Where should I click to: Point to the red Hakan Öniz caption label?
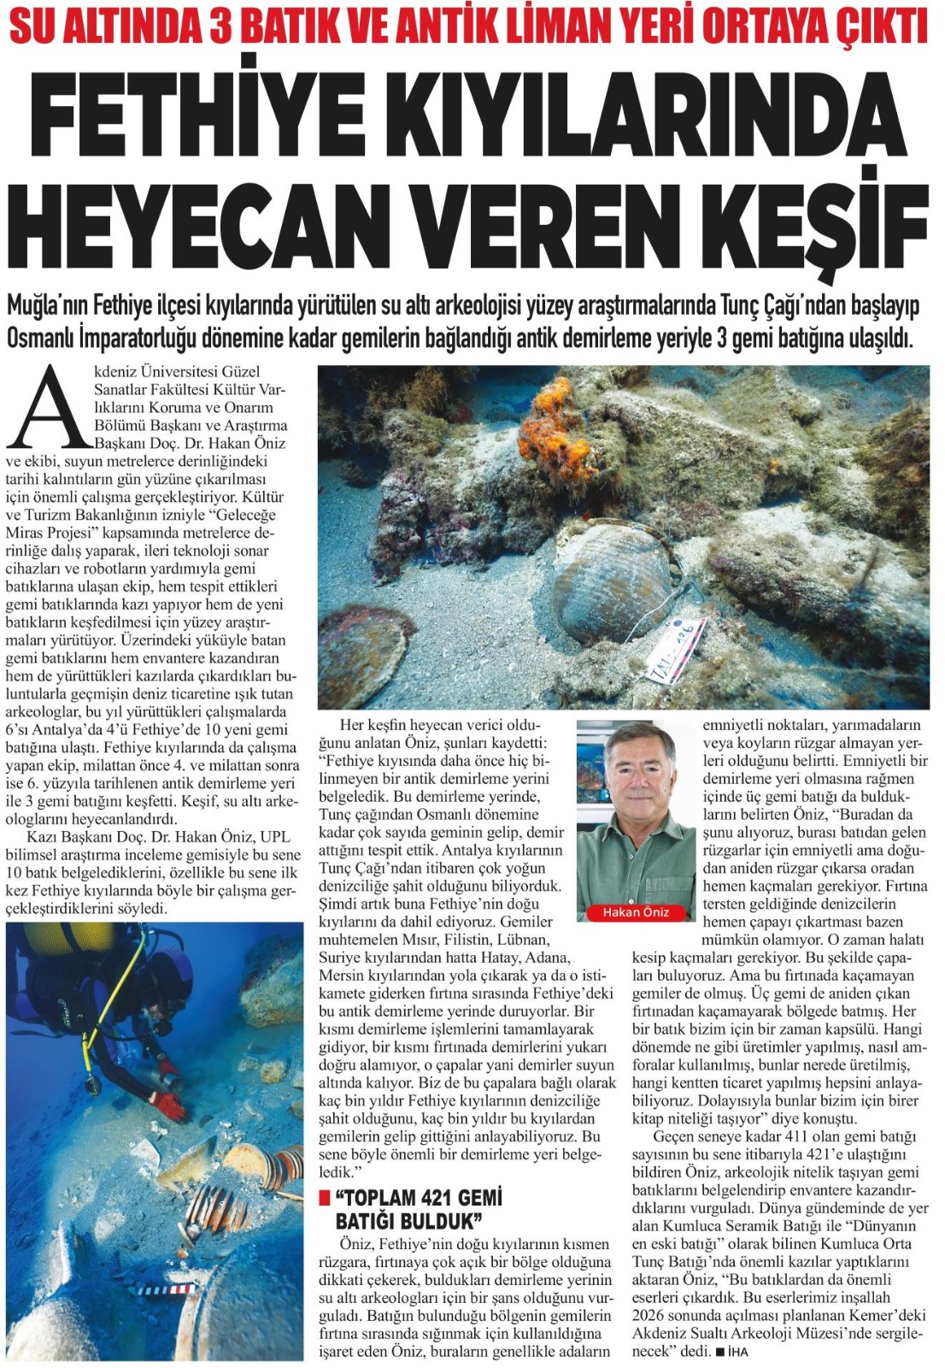tap(636, 912)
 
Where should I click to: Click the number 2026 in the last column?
tap(654, 1316)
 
